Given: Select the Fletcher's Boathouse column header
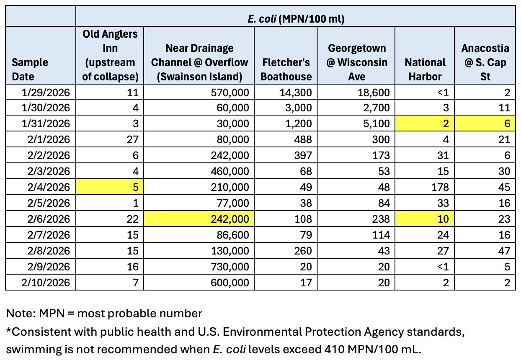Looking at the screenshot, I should tap(287, 69).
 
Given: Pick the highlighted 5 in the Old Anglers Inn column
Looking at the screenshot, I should tap(134, 187).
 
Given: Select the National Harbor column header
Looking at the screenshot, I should tap(425, 69).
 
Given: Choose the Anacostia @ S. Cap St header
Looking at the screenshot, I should tap(485, 62).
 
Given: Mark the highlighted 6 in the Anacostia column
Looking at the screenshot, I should tap(507, 124).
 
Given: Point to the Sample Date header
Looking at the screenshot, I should tap(30, 69).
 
